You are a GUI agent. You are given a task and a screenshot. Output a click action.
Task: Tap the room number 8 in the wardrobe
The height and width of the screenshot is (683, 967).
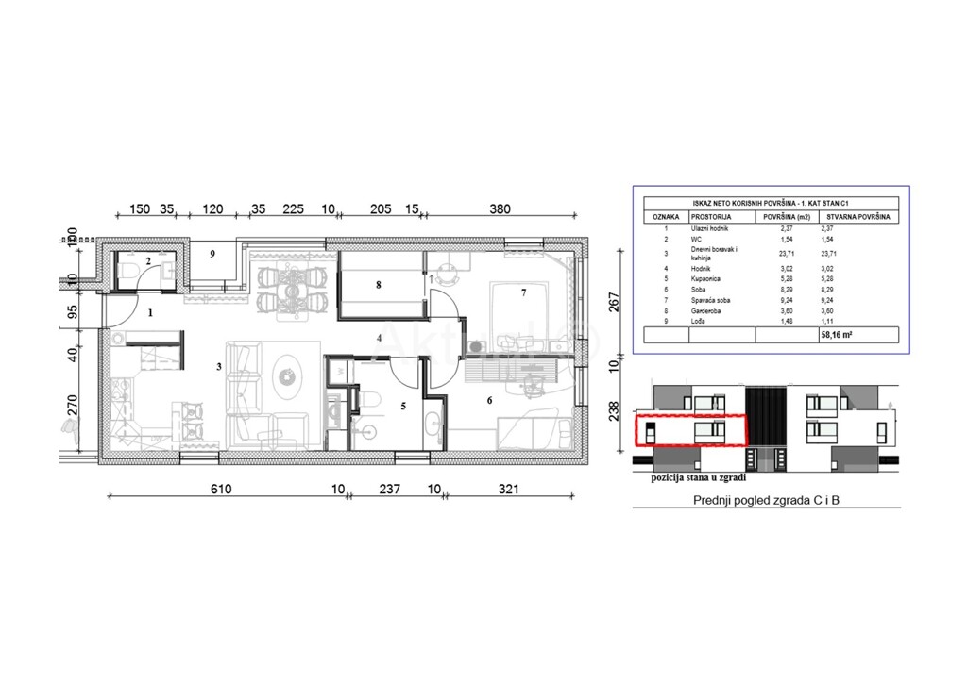378,284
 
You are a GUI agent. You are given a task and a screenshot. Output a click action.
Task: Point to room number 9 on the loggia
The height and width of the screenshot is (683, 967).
212,254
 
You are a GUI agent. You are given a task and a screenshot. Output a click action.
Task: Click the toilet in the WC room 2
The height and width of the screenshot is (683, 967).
130,271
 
